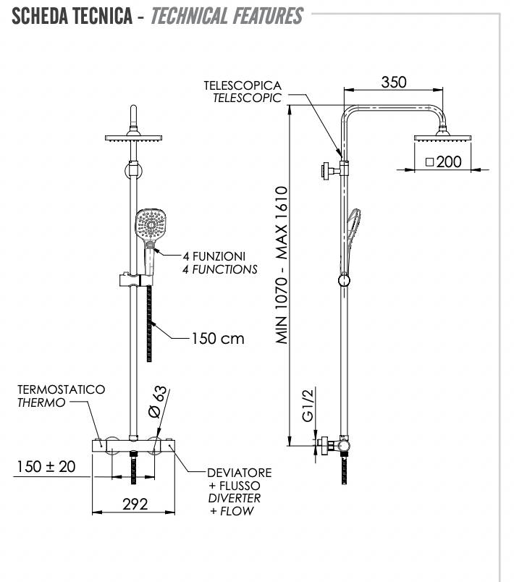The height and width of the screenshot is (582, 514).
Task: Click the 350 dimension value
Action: click(394, 82)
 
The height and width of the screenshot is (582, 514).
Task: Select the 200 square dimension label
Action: click(444, 161)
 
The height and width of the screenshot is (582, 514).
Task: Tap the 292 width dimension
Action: click(134, 504)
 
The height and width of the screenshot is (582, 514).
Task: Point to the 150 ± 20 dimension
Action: click(46, 467)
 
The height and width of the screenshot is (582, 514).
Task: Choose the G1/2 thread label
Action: click(308, 406)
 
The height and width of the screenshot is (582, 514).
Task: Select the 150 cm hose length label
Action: click(217, 338)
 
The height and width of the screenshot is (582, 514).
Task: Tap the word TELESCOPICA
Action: click(243, 85)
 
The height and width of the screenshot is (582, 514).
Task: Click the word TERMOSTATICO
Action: click(62, 389)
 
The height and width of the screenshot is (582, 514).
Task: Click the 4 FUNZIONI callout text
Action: click(214, 256)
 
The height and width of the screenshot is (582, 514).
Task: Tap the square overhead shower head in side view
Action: click(442, 138)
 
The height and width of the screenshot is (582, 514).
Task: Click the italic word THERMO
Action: click(42, 402)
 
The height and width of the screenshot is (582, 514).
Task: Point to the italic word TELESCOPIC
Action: click(247, 98)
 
